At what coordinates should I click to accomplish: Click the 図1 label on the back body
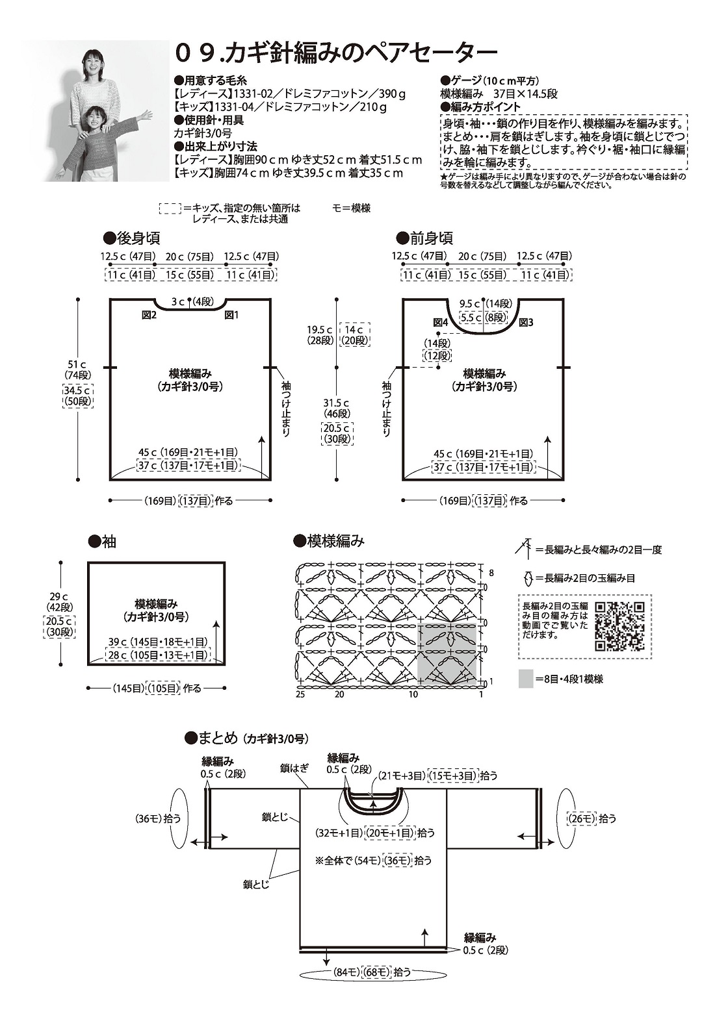pos(231,315)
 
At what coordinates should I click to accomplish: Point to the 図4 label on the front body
pos(441,322)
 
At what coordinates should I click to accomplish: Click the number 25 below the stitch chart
pos(300,694)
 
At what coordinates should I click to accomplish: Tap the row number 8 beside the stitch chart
pos(491,572)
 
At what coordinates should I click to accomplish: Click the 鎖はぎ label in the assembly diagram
pos(294,768)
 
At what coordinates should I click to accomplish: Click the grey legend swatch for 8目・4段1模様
pos(526,679)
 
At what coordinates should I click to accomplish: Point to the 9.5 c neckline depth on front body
pos(469,303)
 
